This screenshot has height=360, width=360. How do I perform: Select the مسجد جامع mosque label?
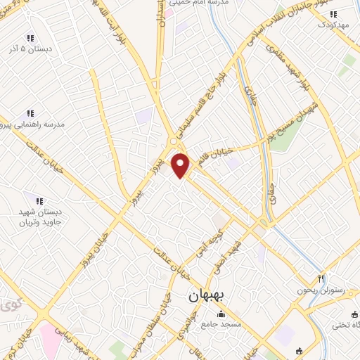221,324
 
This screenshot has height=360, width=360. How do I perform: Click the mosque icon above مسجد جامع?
221,314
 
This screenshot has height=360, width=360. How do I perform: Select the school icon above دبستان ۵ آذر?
30,37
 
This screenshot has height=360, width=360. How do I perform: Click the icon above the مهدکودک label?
334,13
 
